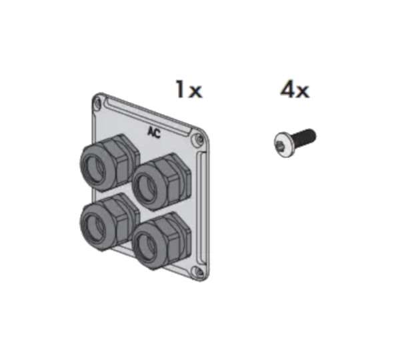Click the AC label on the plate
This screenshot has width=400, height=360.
point(154,131)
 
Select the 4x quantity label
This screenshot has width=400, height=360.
point(294,89)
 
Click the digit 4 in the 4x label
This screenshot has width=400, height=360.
point(287,89)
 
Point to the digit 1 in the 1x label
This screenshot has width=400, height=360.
point(179,89)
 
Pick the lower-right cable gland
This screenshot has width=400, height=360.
point(160,239)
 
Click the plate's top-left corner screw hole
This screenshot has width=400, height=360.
point(99,103)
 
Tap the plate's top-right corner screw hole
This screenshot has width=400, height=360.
point(197,139)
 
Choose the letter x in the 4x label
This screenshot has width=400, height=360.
point(303,91)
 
